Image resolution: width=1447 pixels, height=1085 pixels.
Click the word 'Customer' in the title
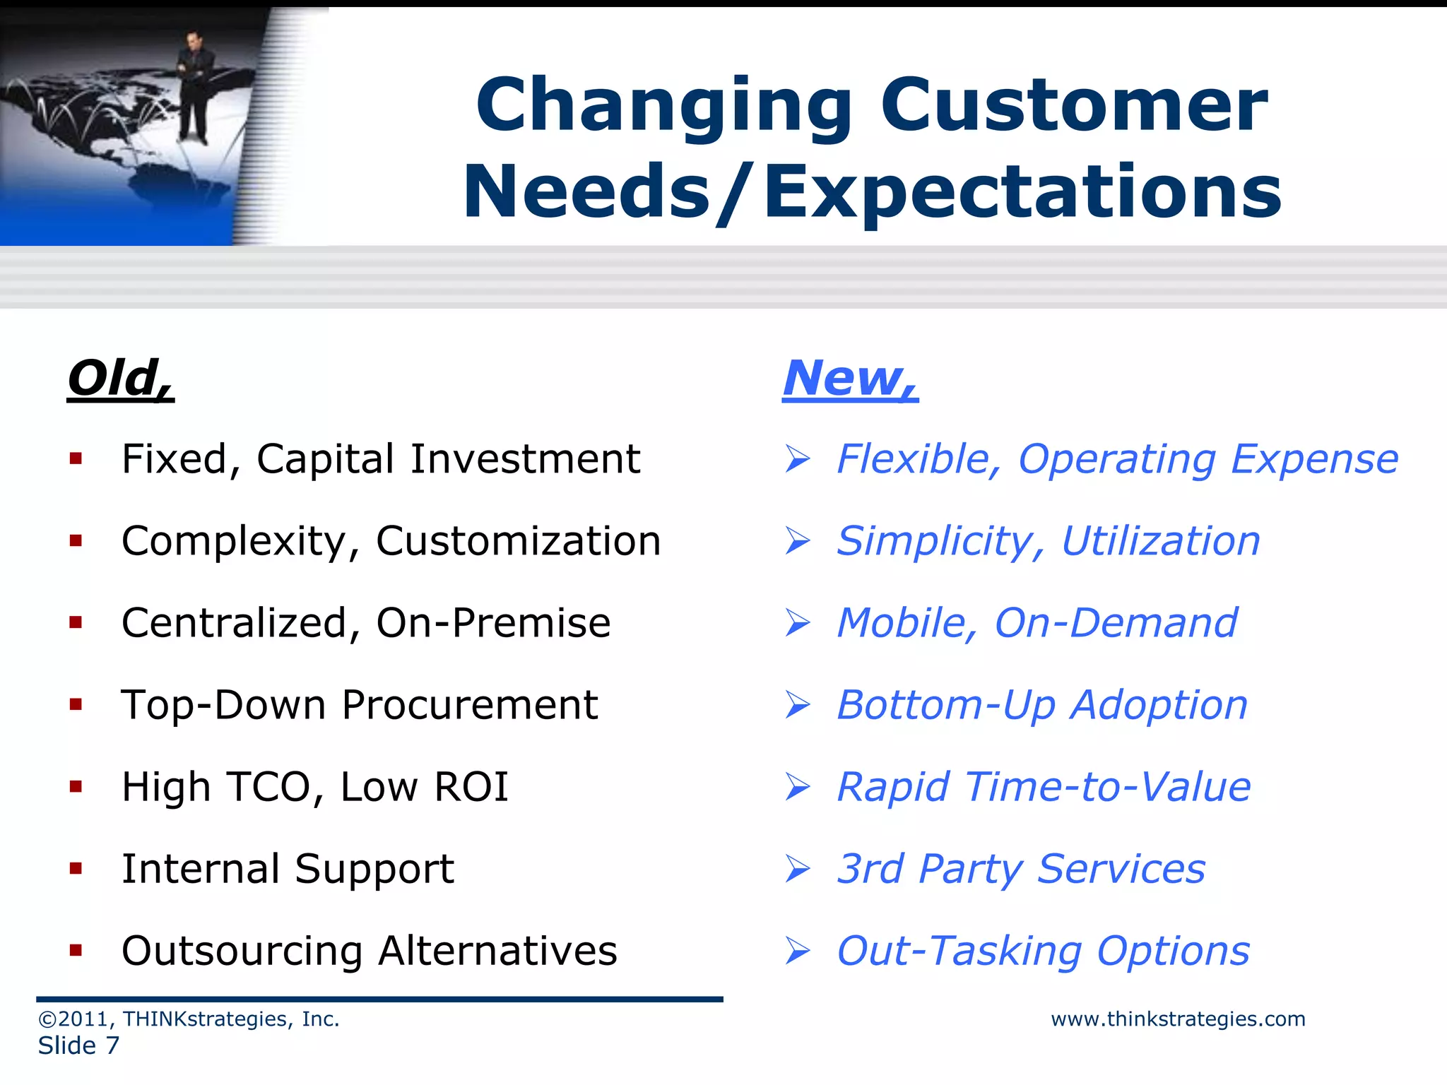[1074, 106]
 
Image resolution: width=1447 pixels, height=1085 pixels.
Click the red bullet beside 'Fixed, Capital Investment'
[76, 460]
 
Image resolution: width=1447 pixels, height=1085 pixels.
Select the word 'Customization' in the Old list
[518, 542]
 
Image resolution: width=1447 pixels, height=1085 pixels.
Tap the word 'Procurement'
[470, 705]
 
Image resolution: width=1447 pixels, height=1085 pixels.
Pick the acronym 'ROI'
[471, 787]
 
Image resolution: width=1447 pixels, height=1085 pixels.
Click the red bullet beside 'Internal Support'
[76, 869]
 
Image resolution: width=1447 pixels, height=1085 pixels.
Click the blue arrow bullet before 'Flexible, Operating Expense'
[798, 460]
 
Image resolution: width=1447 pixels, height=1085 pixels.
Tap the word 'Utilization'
[1161, 542]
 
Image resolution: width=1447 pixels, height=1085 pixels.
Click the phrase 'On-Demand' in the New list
[1116, 623]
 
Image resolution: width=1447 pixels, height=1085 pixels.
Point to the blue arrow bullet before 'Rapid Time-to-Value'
[798, 787]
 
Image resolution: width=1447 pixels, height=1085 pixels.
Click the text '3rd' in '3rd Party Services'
[870, 869]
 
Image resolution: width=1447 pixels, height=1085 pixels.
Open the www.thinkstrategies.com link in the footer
[1178, 1019]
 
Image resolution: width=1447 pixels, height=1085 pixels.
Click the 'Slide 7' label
[78, 1046]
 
